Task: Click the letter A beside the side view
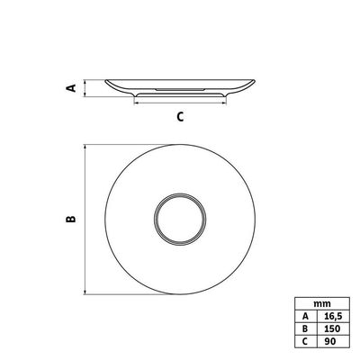(71, 88)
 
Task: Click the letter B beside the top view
(71, 220)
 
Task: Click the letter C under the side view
(180, 116)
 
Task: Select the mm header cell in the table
(322, 304)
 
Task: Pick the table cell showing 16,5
(333, 316)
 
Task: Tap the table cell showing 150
(333, 328)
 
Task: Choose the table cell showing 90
(333, 341)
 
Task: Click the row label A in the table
(306, 316)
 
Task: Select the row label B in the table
(306, 328)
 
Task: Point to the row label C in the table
(306, 341)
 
